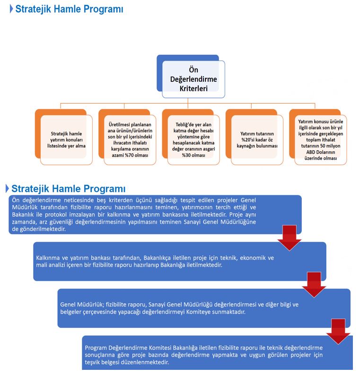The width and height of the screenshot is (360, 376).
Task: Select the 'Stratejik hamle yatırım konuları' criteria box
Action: pyautogui.click(x=68, y=140)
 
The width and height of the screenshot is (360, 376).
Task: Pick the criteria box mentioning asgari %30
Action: pyautogui.click(x=193, y=140)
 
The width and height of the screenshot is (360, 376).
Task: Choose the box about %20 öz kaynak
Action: pyautogui.click(x=255, y=140)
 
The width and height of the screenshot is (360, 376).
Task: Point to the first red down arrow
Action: pyautogui.click(x=289, y=237)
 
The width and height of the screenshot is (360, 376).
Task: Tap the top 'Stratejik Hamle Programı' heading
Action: pyautogui.click(x=69, y=9)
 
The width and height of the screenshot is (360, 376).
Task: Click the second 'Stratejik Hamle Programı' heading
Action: pyautogui.click(x=69, y=189)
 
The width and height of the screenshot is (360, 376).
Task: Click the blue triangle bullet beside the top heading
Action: pyautogui.click(x=11, y=9)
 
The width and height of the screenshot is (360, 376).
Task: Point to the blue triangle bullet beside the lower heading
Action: pyautogui.click(x=7, y=189)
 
